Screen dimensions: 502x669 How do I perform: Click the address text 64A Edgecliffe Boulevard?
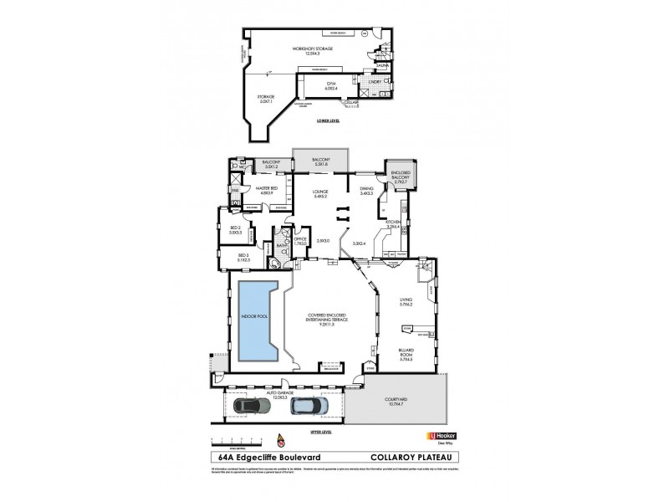[262, 457]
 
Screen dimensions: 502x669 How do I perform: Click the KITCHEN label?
[393, 224]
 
